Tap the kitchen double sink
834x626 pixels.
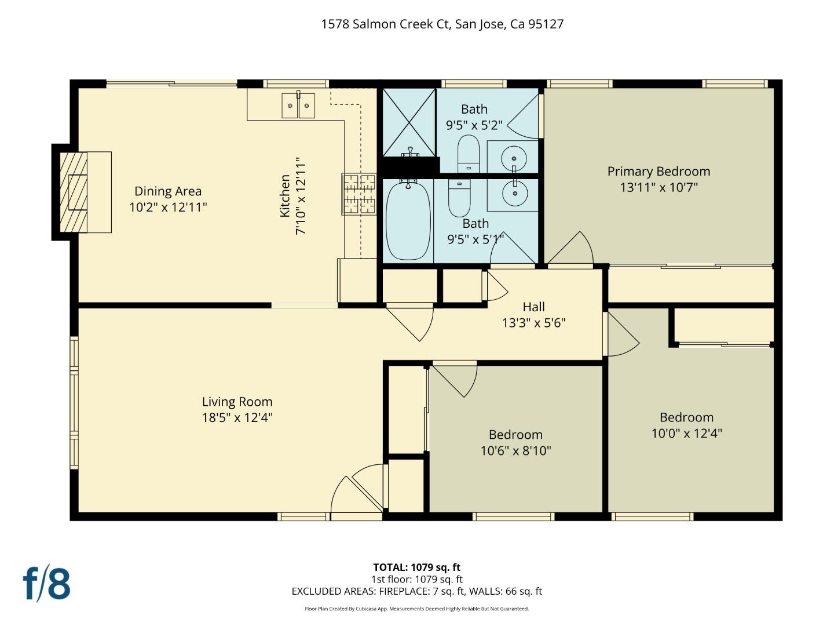pos(298,105)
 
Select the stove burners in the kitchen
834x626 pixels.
pos(359,194)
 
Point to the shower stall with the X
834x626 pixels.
pos(409,122)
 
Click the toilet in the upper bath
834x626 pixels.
pos(469,154)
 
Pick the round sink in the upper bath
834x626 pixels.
pos(513,156)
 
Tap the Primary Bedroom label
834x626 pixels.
pos(659,172)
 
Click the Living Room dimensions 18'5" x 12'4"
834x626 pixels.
pos(237,417)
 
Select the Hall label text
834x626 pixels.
pos(533,307)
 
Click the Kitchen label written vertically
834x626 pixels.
pos(285,196)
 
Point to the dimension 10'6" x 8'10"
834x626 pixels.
pos(515,450)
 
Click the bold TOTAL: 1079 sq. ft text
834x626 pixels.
pos(416,567)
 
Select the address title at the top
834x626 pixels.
pos(442,24)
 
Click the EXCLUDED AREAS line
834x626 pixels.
pos(416,591)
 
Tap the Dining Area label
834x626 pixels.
pos(168,191)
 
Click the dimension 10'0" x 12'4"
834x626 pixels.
pos(686,433)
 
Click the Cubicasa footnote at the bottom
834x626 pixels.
pos(416,609)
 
